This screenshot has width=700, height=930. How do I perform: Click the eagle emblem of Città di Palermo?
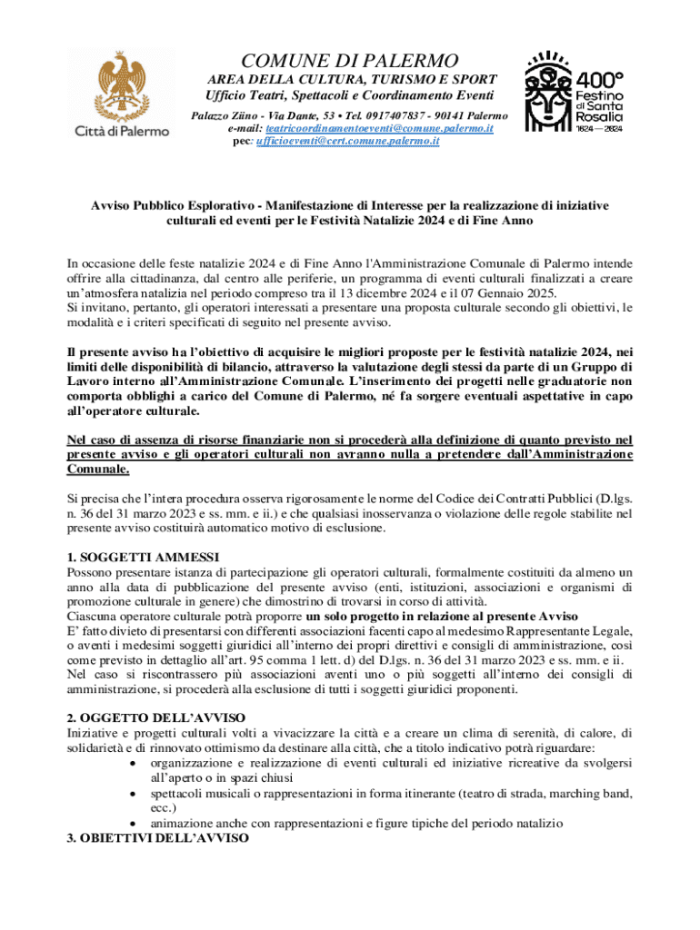[121, 85]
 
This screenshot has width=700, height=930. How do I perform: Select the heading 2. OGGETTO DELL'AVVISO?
[151, 717]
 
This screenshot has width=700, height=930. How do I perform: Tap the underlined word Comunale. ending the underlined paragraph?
[98, 470]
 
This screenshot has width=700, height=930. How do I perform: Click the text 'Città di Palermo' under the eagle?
[121, 131]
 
